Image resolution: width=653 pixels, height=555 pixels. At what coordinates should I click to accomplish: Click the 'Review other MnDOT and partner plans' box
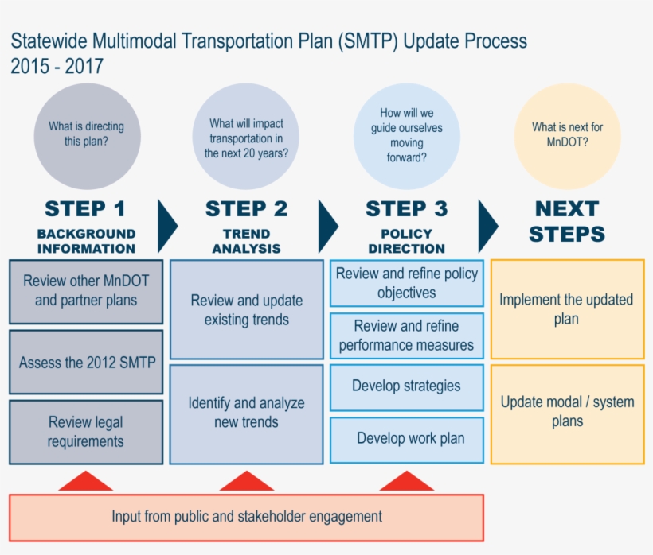point(86,291)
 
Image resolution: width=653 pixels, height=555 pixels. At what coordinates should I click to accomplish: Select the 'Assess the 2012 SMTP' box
point(86,363)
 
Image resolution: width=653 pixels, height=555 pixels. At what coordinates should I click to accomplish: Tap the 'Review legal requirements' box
point(86,432)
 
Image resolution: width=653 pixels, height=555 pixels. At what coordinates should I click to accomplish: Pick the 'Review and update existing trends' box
point(247,309)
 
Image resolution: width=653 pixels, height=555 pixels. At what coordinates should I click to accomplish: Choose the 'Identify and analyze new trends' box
point(247,413)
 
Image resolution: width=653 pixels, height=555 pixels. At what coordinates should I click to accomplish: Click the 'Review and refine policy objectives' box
point(407,283)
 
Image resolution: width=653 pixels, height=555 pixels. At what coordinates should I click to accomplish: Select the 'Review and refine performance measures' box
point(407,336)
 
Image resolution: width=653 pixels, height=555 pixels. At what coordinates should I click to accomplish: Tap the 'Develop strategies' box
point(407,386)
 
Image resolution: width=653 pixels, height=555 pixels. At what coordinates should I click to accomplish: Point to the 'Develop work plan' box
point(407,439)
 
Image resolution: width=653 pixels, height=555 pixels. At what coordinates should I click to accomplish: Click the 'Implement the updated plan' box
point(567,309)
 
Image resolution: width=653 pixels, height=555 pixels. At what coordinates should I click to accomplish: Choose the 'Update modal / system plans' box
point(567,412)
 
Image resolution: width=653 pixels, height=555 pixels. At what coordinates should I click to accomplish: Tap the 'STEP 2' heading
point(246,209)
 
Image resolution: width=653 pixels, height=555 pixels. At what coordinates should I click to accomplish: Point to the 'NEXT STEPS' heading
point(567,222)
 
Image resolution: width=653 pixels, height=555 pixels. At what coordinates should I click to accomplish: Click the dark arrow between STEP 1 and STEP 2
point(167,226)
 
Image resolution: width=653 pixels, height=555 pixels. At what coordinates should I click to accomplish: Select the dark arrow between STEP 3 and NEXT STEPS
point(487,226)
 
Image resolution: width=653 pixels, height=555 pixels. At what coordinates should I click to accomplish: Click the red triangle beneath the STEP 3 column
point(407,482)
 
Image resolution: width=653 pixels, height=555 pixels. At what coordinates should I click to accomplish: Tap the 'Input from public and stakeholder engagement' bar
point(247,517)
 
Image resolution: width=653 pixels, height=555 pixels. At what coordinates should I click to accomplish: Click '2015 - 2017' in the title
point(57,67)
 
